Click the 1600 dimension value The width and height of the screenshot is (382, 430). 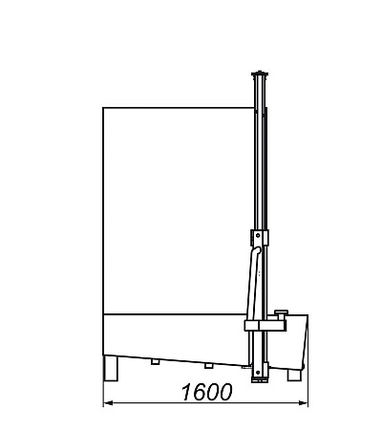pyautogui.click(x=206, y=392)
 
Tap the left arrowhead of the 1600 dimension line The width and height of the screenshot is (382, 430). pyautogui.click(x=109, y=403)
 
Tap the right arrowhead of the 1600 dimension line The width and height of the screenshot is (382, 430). pyautogui.click(x=303, y=403)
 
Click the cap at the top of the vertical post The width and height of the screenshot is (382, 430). pyautogui.click(x=260, y=74)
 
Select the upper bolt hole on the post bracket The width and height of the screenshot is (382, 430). pyautogui.click(x=258, y=236)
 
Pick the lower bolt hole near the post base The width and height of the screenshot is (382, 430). pyautogui.click(x=258, y=372)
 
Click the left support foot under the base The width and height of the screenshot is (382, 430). pyautogui.click(x=111, y=368)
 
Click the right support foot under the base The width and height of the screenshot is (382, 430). pyautogui.click(x=294, y=375)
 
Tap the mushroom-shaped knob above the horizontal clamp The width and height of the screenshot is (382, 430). pyautogui.click(x=282, y=313)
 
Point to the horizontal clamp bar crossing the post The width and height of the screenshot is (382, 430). pyautogui.click(x=265, y=326)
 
